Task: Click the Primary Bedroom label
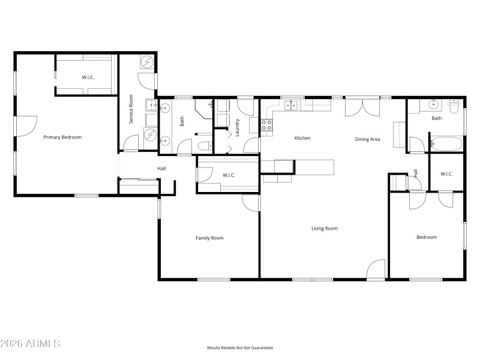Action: (x=62, y=137)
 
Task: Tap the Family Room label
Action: (x=209, y=238)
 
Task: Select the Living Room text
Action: (x=324, y=229)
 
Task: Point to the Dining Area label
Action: (x=367, y=139)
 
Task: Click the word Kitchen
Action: (x=302, y=138)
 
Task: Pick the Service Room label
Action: (x=131, y=109)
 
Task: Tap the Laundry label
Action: (x=238, y=127)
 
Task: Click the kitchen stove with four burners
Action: (x=266, y=125)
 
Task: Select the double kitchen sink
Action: (x=291, y=106)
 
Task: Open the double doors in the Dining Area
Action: (x=362, y=107)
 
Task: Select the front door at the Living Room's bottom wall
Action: (x=376, y=270)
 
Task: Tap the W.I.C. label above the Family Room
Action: (x=228, y=175)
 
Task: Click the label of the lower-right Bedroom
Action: (x=427, y=237)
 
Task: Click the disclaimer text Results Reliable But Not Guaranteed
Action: (x=240, y=348)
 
